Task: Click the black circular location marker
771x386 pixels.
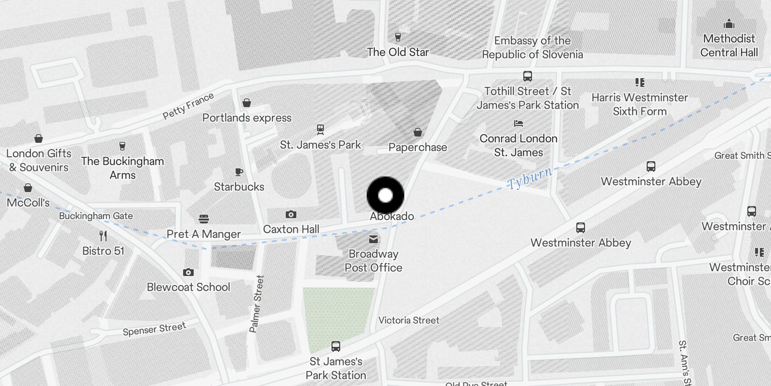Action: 385,195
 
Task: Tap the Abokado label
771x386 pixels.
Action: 392,216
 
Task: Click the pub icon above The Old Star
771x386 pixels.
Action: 398,37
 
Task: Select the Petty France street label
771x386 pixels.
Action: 188,106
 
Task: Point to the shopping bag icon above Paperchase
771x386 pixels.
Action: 418,132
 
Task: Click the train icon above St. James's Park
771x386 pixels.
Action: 320,129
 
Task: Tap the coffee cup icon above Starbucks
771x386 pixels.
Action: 239,172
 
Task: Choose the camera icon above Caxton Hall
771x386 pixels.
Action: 291,214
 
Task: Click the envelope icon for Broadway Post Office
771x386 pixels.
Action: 373,239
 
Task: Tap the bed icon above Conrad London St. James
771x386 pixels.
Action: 518,124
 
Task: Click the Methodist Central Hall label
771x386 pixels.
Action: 729,45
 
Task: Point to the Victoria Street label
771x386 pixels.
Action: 409,320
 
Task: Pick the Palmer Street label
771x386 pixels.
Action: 256,304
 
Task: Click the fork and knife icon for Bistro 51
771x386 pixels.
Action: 103,236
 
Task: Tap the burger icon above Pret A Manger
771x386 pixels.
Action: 204,219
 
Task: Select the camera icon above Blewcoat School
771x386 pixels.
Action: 188,272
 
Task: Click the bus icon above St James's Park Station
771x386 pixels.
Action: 336,346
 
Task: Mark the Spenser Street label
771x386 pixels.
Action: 154,329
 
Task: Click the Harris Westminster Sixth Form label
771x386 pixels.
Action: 639,104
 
